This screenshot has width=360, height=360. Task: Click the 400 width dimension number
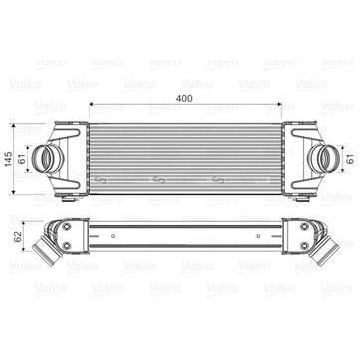(185, 98)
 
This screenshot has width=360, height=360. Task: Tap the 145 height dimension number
(9, 159)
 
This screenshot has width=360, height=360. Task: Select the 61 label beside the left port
(22, 159)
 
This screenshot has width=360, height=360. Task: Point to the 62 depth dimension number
(18, 236)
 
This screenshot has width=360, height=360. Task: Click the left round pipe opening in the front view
(43, 158)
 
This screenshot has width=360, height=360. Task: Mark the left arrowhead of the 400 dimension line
(91, 105)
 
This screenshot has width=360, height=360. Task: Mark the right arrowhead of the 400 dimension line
(279, 105)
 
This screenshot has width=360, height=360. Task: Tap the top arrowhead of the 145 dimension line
(14, 126)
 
